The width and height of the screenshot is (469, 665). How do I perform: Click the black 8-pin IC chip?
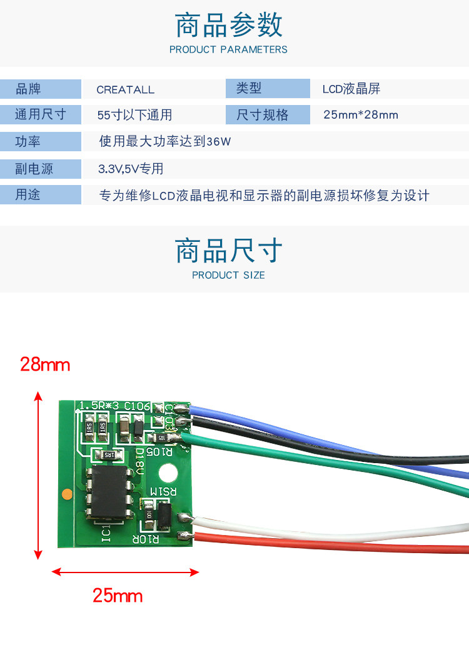[111, 492]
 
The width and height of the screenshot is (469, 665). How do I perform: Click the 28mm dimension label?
[45, 364]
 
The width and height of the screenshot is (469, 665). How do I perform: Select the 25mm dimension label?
[118, 596]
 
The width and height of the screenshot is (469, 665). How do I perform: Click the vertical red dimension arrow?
[38, 475]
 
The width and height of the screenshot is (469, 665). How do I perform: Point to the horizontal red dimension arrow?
[125, 571]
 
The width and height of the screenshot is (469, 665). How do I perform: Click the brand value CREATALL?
[125, 89]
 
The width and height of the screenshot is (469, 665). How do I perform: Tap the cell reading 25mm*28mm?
[361, 115]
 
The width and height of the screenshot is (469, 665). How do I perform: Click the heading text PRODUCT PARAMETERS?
[228, 49]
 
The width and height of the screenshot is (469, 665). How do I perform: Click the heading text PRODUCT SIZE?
[228, 275]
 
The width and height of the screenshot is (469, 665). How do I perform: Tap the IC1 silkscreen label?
[107, 534]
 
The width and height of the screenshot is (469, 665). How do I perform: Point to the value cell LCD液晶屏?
[351, 89]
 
